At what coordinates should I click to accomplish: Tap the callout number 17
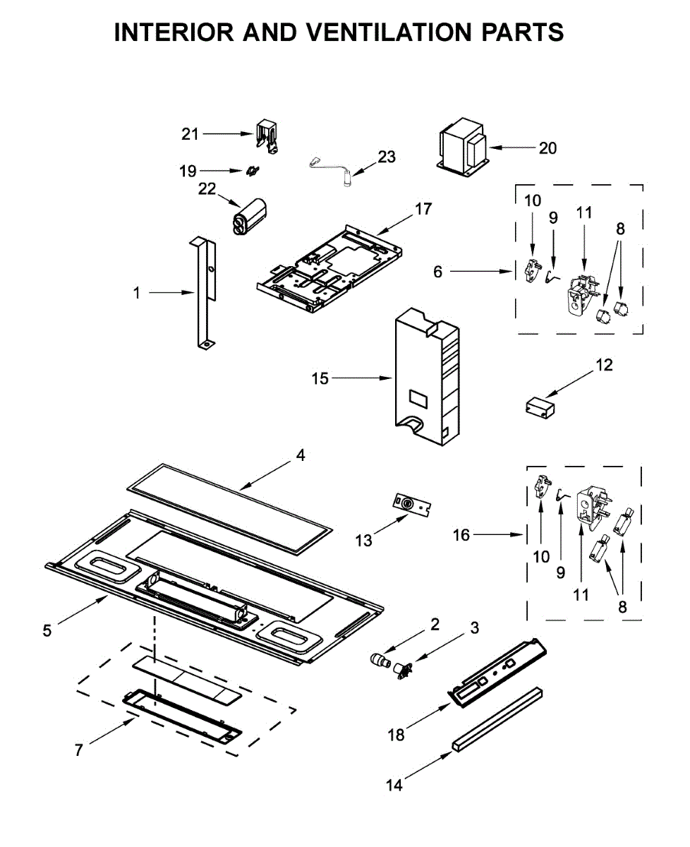[423, 209]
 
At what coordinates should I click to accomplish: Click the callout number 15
[320, 378]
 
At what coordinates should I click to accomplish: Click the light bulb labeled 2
[382, 661]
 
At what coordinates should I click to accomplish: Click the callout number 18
[396, 735]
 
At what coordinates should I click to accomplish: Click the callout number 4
[301, 456]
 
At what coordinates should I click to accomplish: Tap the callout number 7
[79, 750]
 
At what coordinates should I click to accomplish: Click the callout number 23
[387, 156]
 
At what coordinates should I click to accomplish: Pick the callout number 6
[438, 272]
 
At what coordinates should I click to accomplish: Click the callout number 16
[461, 536]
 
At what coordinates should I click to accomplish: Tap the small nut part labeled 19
[253, 171]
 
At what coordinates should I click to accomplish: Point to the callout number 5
[47, 630]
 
